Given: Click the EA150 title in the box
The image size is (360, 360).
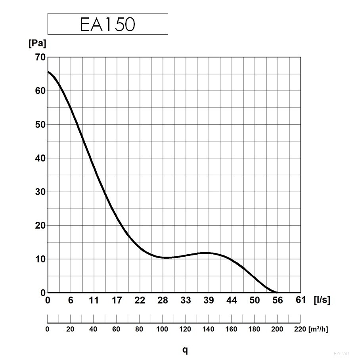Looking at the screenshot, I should (x=107, y=25).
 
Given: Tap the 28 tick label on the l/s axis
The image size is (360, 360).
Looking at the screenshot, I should (x=163, y=300).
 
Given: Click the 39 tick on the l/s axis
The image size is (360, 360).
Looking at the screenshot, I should (x=209, y=300).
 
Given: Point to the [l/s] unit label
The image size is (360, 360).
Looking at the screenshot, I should (x=322, y=300).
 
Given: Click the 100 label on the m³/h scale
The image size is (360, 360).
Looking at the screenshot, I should (x=162, y=329).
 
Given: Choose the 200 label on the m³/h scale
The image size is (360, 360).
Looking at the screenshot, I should (x=277, y=329).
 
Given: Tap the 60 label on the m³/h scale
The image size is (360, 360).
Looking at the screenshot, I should (x=116, y=329).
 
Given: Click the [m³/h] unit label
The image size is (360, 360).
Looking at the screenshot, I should (x=318, y=329).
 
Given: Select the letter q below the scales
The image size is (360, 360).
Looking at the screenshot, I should (x=185, y=350).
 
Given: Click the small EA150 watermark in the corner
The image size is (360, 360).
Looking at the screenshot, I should (x=341, y=353).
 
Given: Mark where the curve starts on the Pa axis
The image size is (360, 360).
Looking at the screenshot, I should (x=48, y=72).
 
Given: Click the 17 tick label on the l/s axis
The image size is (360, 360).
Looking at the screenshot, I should (x=117, y=300).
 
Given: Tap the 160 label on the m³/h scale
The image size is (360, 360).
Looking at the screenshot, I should (x=231, y=329).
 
